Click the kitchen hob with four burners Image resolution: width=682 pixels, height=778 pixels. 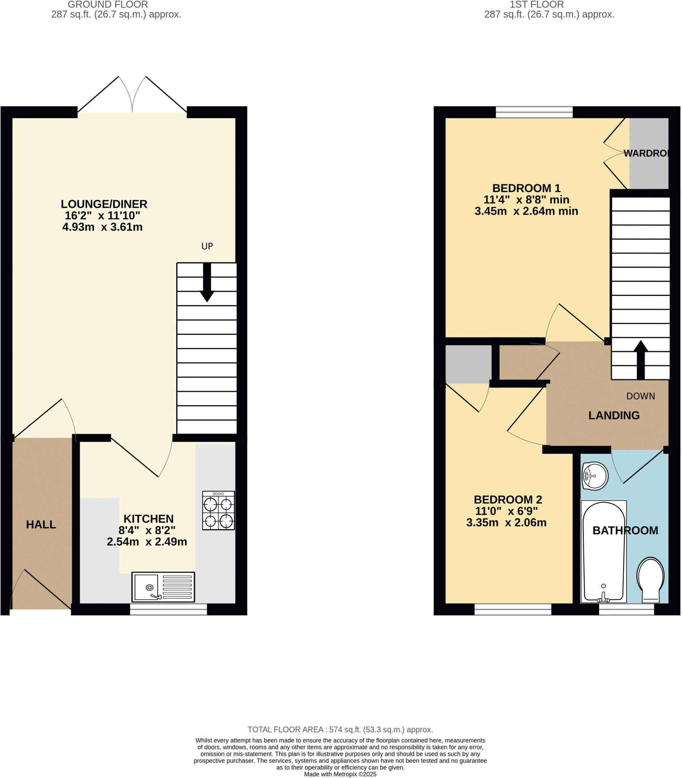click(x=218, y=511)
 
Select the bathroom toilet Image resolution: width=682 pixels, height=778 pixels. click(x=650, y=580)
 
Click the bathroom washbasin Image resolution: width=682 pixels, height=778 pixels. click(x=595, y=476)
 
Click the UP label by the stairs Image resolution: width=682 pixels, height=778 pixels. click(x=207, y=246)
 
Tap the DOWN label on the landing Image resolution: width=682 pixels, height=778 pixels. click(x=641, y=396)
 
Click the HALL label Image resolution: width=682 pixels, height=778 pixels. click(x=41, y=525)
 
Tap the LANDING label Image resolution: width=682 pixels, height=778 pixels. click(x=614, y=415)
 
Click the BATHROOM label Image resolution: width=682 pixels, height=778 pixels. click(x=625, y=530)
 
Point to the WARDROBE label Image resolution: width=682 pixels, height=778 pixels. click(x=646, y=153)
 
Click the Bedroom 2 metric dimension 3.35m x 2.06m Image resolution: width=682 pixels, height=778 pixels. click(x=506, y=522)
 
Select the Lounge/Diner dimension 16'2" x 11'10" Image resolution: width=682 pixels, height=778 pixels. click(x=103, y=215)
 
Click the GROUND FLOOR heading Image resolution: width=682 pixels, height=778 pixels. click(x=108, y=5)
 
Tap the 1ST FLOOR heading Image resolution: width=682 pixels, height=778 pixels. click(x=537, y=5)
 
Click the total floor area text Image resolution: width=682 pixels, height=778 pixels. click(x=340, y=730)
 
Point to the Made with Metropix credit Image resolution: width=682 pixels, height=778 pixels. click(x=340, y=774)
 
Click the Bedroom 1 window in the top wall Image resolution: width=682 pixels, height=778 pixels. click(x=534, y=112)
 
